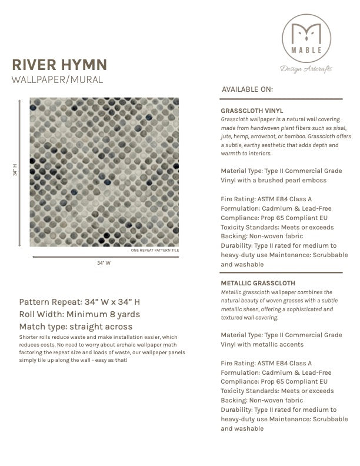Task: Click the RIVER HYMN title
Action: coord(59,64)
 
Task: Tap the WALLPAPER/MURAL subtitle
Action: coord(57,79)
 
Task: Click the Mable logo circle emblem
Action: coord(305,36)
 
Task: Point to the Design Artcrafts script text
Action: coord(306,68)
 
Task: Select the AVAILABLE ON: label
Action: coord(248,90)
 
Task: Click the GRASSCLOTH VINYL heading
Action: coord(252,110)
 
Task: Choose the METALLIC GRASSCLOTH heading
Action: coord(258,283)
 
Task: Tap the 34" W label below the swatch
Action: coord(104,263)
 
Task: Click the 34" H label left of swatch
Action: coord(16,171)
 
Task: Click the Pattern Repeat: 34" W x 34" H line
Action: coord(79,302)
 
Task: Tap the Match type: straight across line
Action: coord(76,326)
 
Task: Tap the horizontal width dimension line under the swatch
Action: coord(104,256)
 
